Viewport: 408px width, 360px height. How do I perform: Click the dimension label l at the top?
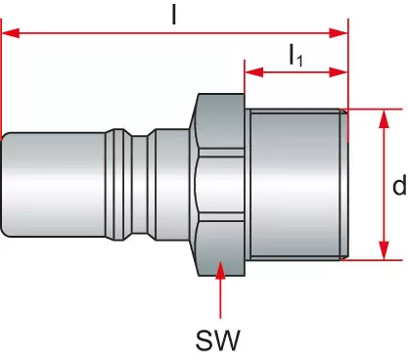(x=174, y=15)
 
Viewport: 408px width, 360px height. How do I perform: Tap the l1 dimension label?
(x=296, y=55)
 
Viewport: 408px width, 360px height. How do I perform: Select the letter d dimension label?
(x=399, y=185)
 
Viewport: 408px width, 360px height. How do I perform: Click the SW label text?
(x=218, y=339)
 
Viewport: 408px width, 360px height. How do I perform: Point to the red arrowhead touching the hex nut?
(x=221, y=269)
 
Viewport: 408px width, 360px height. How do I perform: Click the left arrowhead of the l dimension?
(x=11, y=33)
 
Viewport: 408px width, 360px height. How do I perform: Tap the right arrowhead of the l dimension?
(x=339, y=33)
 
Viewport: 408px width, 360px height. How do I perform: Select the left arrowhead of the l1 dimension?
(x=254, y=72)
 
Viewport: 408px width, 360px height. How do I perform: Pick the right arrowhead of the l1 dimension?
(x=339, y=72)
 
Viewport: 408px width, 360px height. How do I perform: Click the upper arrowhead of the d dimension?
(x=385, y=118)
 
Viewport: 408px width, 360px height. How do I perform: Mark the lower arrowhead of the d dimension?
(x=385, y=250)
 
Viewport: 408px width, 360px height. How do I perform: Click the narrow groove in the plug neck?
(x=140, y=185)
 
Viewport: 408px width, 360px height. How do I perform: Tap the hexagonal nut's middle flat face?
(x=221, y=185)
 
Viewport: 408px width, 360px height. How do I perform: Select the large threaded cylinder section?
(x=296, y=185)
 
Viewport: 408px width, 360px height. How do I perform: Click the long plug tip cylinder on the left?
(x=54, y=185)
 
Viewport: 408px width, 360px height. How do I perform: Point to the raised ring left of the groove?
(x=119, y=185)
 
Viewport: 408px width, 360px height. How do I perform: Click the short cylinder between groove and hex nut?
(x=173, y=185)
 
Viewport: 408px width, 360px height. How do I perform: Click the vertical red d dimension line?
(x=385, y=185)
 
